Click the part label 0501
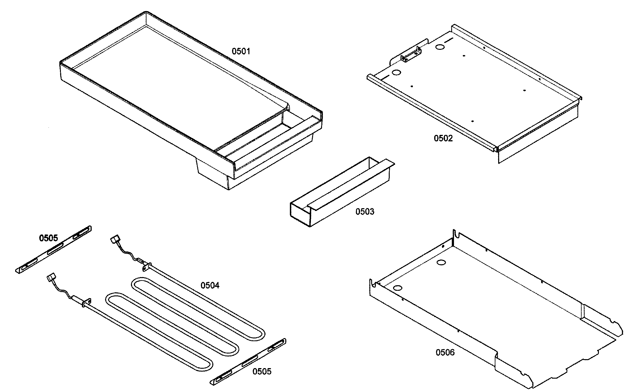click(241, 51)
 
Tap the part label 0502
click(443, 138)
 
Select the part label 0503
click(364, 212)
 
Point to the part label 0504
click(210, 285)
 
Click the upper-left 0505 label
click(48, 238)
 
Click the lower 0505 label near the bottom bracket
click(262, 371)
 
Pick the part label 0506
click(445, 352)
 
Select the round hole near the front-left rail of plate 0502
click(396, 73)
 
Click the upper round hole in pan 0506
click(441, 263)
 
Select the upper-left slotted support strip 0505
click(53, 249)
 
